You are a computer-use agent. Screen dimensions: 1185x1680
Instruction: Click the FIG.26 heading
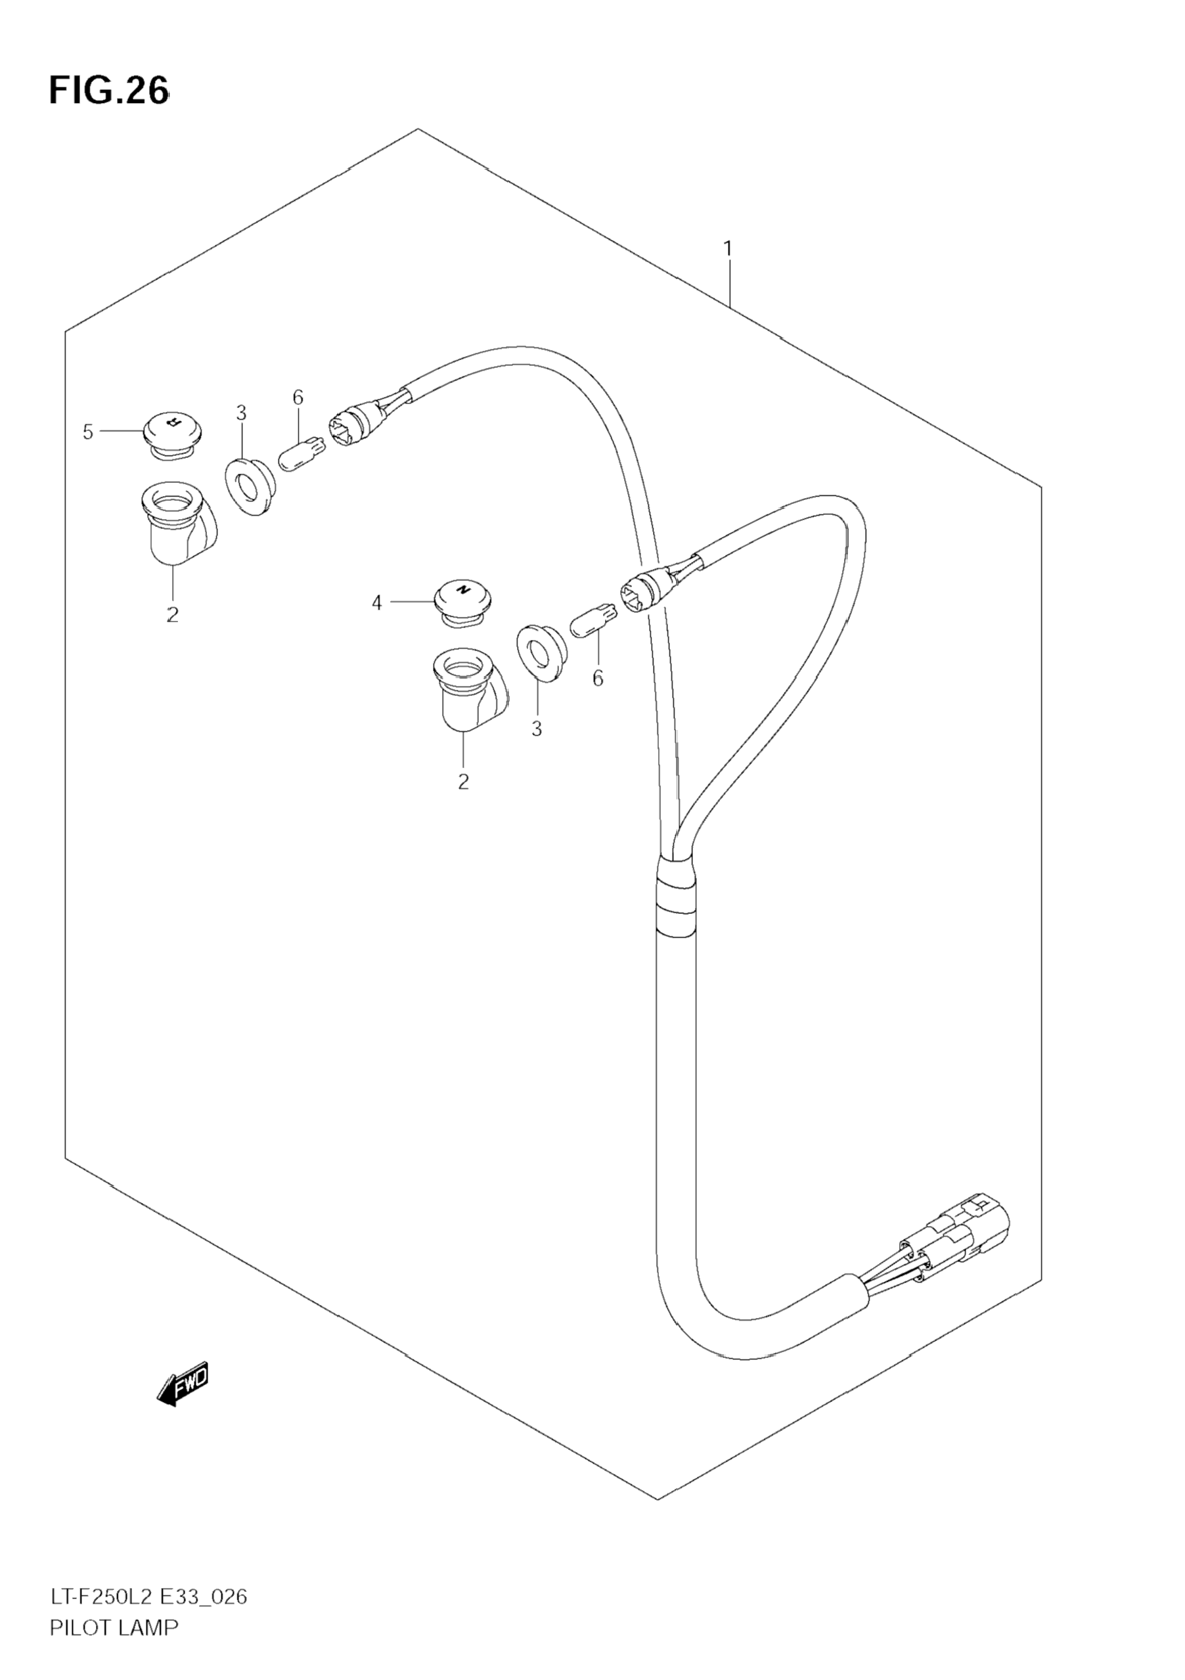(x=109, y=91)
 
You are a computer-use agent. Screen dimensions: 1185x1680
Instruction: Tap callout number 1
(x=728, y=249)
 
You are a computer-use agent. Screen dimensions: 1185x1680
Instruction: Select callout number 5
(x=88, y=432)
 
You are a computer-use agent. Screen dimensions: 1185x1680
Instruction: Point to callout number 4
(x=376, y=603)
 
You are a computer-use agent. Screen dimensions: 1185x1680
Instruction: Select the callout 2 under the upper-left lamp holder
(x=172, y=614)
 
